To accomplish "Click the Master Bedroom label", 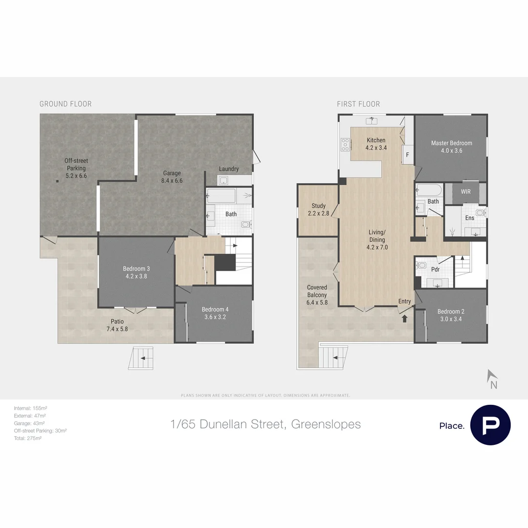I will click(x=451, y=143).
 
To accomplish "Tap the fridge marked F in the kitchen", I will click(x=407, y=154).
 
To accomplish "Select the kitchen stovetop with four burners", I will click(x=346, y=143).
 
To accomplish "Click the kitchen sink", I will click(x=373, y=120).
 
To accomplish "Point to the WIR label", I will click(x=465, y=192).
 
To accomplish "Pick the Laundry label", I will click(x=229, y=169).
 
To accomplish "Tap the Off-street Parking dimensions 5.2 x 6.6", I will click(x=76, y=176).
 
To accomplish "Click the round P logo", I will click(x=490, y=425).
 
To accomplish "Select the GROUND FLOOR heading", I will click(x=66, y=104).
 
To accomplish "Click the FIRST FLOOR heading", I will click(x=358, y=104).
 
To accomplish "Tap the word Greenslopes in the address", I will click(x=326, y=424).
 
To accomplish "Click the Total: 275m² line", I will click(x=27, y=439).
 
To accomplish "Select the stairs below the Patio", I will click(x=142, y=357).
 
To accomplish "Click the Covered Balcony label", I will click(x=317, y=291).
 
